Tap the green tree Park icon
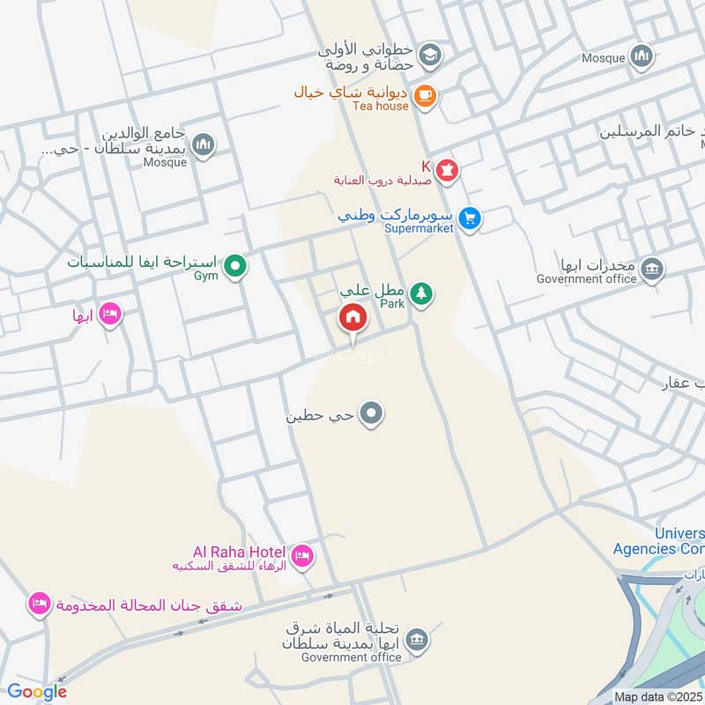click(422, 293)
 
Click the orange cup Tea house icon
click(425, 95)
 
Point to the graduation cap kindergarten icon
click(429, 55)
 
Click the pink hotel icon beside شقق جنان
click(39, 605)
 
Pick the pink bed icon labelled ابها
click(110, 314)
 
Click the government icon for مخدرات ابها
click(652, 269)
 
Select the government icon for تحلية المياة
click(419, 640)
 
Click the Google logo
click(37, 692)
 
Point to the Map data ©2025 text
click(658, 696)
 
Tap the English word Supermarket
click(419, 228)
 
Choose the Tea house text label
click(380, 106)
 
